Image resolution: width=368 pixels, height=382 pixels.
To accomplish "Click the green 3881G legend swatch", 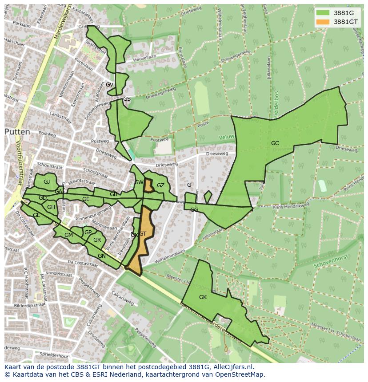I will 323,13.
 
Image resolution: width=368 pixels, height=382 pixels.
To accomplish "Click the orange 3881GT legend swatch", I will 323,22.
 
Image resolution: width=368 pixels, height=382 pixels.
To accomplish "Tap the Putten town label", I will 17,132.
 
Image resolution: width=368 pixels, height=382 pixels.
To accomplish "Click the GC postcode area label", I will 275,143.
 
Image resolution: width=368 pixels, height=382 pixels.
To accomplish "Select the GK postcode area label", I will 203,297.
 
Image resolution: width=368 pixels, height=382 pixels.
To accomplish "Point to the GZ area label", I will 160,185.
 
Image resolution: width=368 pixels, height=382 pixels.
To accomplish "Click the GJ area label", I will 47,182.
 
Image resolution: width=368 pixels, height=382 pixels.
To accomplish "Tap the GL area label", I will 36,215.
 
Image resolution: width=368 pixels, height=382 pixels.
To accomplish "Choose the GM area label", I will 68,235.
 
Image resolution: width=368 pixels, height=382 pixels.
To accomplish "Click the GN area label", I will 102,256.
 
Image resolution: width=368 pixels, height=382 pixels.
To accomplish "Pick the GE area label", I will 86,200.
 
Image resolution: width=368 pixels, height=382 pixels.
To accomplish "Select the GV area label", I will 109,85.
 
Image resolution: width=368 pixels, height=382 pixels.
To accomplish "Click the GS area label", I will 127,99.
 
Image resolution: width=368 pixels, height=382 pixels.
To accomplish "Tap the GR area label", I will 97,240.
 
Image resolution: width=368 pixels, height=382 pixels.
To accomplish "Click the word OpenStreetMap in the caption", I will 240,374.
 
